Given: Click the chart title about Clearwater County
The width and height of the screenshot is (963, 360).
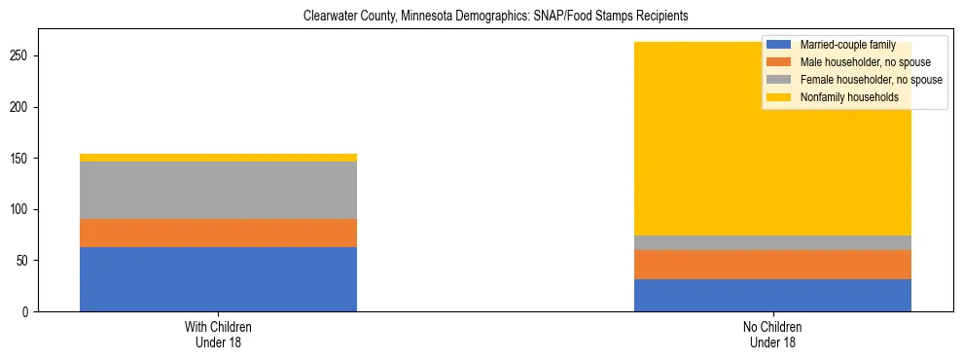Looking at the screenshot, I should click(x=481, y=17).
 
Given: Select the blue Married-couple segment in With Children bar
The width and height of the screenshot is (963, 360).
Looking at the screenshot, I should click(x=218, y=279).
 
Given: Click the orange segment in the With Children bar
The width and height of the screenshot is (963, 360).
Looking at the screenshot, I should click(x=218, y=234).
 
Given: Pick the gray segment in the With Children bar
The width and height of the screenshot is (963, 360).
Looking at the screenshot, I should click(x=218, y=191).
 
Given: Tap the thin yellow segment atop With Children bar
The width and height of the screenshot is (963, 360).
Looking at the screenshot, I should click(x=218, y=158).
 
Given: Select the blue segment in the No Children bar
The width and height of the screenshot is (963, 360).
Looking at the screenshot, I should click(x=772, y=296).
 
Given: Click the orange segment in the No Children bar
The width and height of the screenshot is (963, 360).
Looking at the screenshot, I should click(x=772, y=265).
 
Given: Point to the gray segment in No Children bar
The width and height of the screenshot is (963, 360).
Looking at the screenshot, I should click(x=772, y=243).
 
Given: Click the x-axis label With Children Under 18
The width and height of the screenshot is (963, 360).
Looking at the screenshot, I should click(x=218, y=334).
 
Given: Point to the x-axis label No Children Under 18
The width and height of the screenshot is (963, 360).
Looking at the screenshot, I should click(x=772, y=334).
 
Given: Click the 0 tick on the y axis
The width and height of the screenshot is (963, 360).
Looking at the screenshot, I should click(x=26, y=312).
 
